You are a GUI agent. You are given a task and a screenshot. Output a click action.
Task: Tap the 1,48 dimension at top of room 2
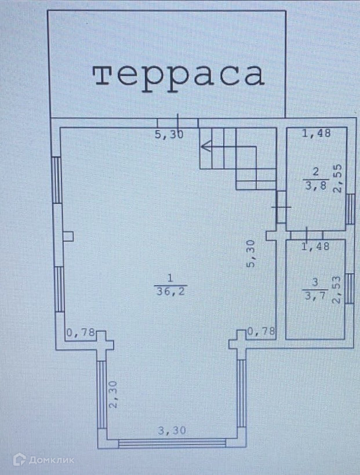click(x=317, y=134)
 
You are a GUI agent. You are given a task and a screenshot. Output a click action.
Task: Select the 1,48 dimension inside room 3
click(x=316, y=247)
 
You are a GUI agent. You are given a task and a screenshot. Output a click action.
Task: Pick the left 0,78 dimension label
click(x=80, y=332)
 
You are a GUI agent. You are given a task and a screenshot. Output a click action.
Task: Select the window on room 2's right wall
click(x=350, y=209)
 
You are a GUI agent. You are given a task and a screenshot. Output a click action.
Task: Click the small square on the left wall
click(x=68, y=236)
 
